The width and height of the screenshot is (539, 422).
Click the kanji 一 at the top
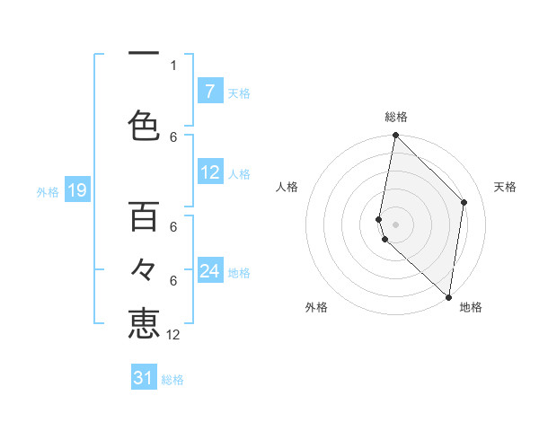[144, 55]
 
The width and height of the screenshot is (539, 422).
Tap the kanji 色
[144, 125]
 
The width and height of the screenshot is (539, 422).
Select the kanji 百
[144, 216]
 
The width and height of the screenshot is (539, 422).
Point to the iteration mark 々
[144, 270]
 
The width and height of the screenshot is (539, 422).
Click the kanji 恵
[144, 323]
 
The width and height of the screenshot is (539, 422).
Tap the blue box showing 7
[209, 92]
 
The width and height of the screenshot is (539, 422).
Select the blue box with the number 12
[210, 173]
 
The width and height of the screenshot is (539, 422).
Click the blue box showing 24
[210, 271]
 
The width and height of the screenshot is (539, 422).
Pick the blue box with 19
[76, 189]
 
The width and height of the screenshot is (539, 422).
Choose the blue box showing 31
[144, 378]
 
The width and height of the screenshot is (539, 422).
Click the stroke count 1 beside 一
[173, 65]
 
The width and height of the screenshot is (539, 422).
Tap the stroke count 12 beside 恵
[173, 335]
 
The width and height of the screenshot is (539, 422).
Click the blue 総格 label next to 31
[173, 380]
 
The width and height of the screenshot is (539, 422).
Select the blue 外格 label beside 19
[48, 191]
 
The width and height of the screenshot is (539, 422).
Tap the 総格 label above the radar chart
[396, 118]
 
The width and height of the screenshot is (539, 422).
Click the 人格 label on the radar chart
[287, 187]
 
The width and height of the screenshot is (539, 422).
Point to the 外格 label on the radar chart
[316, 308]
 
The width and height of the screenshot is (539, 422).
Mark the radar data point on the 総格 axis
[395, 136]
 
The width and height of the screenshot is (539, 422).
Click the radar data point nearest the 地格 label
[449, 297]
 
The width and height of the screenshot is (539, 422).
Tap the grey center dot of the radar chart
[395, 224]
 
